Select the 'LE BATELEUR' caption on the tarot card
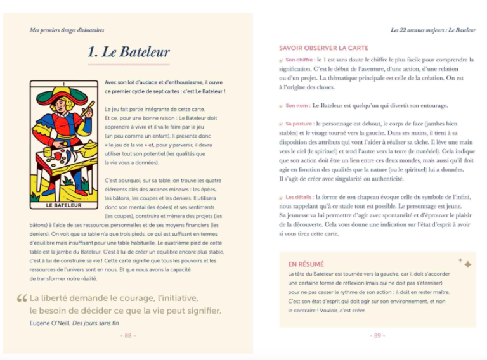[x=64, y=205]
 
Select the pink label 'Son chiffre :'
[x=300, y=60]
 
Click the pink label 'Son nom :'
[x=297, y=105]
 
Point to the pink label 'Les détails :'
[x=299, y=197]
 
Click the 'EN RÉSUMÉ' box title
[x=306, y=264]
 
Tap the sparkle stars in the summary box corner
[x=464, y=262]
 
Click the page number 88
[x=128, y=335]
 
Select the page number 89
[x=377, y=335]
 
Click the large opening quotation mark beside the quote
[x=22, y=299]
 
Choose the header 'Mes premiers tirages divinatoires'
[x=67, y=30]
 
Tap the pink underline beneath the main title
[x=128, y=65]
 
